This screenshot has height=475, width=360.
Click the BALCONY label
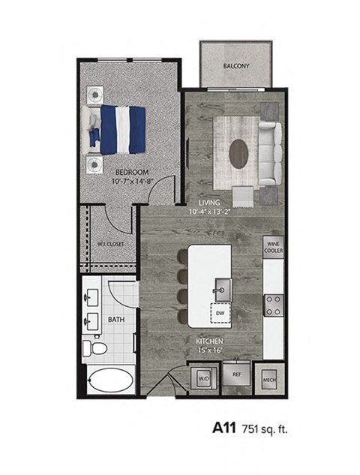[x=236, y=67]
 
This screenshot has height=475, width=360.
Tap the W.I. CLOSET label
[x=109, y=244]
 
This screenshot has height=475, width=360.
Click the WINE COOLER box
[x=272, y=246]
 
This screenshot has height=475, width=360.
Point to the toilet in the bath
[x=92, y=348]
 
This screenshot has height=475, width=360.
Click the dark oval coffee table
[x=239, y=155]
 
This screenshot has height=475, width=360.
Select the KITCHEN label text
[x=211, y=341]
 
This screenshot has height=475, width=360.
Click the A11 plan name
[x=224, y=428]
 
